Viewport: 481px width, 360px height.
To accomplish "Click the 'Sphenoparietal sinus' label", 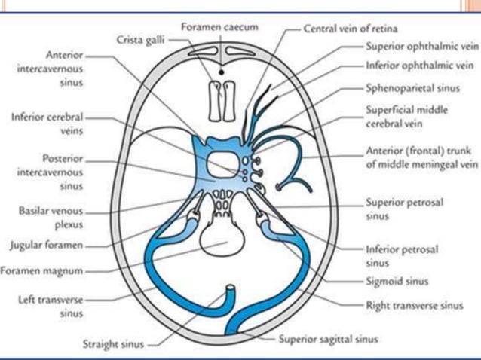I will (x=404, y=88).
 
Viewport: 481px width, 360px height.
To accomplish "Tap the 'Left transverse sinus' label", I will (x=45, y=305).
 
